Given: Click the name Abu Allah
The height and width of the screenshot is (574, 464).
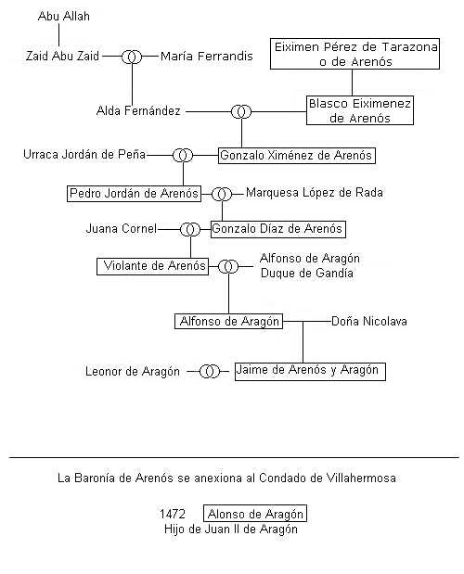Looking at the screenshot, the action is pos(64,17).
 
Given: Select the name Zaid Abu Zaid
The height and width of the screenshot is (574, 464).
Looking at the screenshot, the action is pos(62,56).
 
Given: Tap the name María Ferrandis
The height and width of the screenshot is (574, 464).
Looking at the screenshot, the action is pos(207,56).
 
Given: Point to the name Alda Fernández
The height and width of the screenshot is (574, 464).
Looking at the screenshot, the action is pos(138,111).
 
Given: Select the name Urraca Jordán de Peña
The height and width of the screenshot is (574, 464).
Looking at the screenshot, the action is pos(84,155).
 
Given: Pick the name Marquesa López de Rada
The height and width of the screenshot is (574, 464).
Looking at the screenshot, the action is pos(315,193).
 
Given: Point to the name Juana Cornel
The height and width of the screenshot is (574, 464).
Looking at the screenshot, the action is pos(122,229).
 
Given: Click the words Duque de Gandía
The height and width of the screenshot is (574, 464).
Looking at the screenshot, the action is pos(307,274).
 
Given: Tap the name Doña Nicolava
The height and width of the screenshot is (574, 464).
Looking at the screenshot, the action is pos(369,322).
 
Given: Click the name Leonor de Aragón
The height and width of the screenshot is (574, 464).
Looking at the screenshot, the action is pos(133,372).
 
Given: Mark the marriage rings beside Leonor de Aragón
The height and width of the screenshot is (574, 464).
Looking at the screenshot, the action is pos(210,372).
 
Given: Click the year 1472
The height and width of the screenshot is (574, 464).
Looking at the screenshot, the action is pos(172,514).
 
